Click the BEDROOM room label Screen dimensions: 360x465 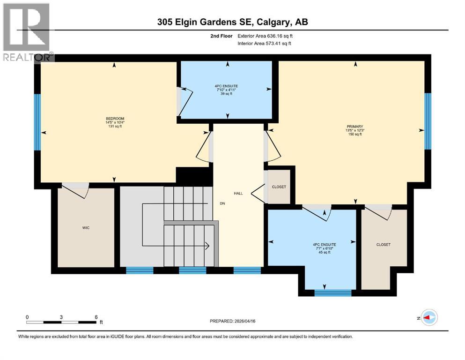115,118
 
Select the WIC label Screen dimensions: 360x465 86,228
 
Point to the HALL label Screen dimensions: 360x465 238,193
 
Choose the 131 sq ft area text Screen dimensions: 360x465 115,127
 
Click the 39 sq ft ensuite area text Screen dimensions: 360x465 227,94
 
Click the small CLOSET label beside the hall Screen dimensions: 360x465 279,187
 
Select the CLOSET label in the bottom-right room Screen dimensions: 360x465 383,245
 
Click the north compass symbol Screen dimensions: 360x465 428,317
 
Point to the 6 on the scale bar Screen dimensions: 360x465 96,317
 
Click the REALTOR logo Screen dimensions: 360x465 27,32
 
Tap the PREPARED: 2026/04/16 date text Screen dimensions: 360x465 235,321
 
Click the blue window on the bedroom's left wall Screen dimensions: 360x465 37,122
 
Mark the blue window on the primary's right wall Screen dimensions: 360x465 428,120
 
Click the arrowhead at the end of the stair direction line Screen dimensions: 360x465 207,245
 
